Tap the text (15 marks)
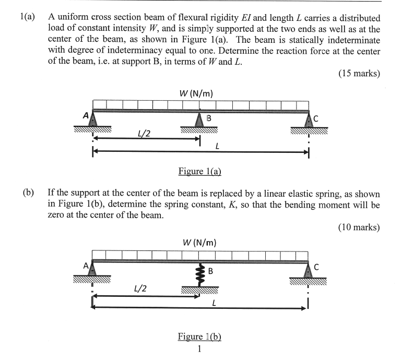coord(359,73)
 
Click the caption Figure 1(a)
coord(200,171)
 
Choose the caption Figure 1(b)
coord(199,337)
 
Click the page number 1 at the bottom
coord(199,349)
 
